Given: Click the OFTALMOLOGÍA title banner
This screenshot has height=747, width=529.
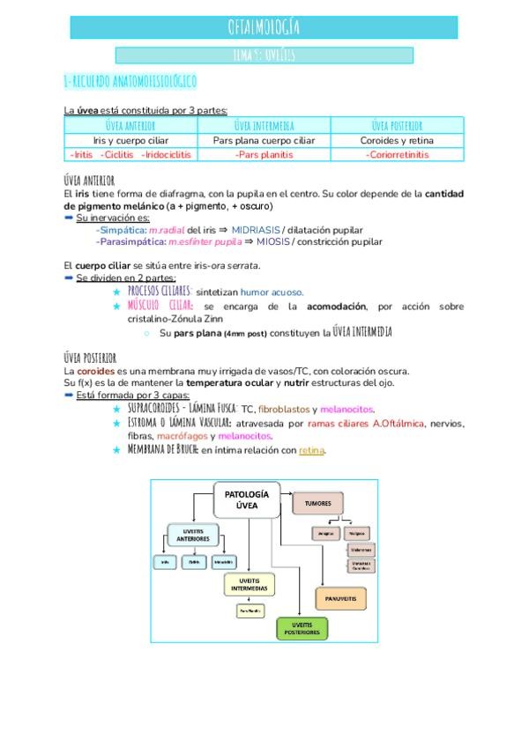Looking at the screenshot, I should (264, 27).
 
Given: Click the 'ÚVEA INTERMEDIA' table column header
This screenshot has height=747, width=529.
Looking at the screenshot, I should (264, 125).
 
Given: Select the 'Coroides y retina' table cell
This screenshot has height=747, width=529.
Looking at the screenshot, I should (397, 140).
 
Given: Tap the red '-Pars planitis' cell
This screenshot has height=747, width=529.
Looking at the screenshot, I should (264, 154).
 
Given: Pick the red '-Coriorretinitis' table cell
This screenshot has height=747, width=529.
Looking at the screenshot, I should (397, 154).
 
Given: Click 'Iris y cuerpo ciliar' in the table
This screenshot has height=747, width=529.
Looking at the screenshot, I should (130, 140).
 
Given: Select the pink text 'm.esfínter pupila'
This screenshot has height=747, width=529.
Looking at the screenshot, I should (205, 241).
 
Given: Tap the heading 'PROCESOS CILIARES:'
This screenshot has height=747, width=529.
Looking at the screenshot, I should (160, 292).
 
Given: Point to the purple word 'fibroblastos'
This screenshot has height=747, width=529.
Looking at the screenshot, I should (283, 409).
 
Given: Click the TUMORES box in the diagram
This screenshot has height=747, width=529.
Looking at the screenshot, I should (317, 502).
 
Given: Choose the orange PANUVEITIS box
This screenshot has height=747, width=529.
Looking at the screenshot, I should (339, 598).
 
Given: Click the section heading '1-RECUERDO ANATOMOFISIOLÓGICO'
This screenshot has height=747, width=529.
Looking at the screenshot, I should (130, 82).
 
